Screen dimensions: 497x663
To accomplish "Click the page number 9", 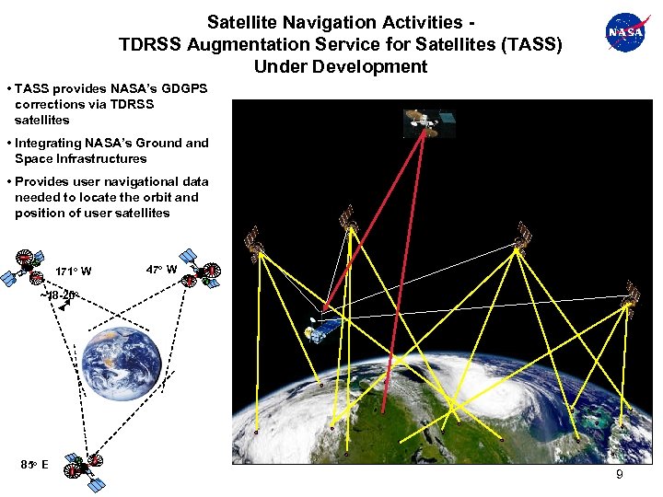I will [619, 475].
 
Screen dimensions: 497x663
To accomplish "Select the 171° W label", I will [73, 272].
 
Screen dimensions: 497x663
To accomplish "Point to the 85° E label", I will [35, 464].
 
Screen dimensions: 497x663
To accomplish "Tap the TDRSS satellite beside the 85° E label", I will [83, 469].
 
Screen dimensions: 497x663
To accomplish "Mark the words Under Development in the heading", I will [340, 66].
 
